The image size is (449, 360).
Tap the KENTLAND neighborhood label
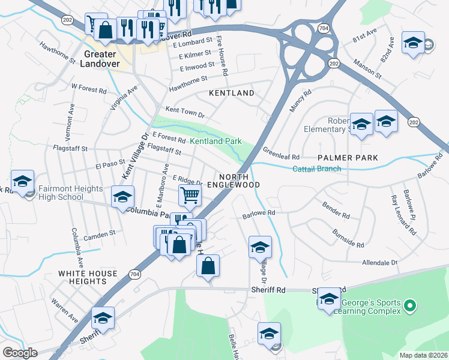pos(231,94)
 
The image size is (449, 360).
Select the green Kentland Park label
pos(215,141)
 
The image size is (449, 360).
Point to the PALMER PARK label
pos(348,158)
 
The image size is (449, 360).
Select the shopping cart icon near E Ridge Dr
pos(189,194)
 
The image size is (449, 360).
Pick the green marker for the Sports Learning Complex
pos(410,307)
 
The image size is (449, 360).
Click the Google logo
pos(20,353)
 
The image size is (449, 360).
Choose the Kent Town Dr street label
pos(185,112)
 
